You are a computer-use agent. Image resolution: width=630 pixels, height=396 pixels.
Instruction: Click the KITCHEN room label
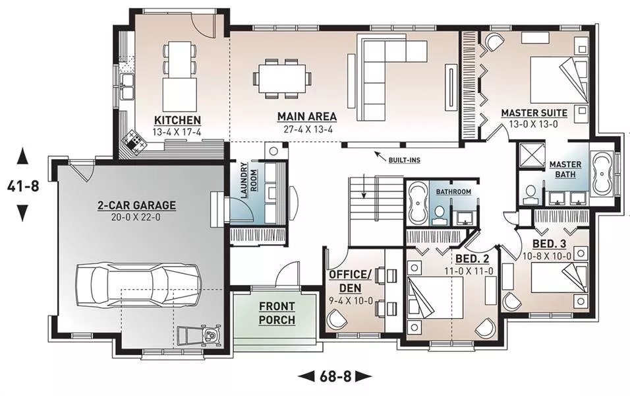pyautogui.click(x=177, y=120)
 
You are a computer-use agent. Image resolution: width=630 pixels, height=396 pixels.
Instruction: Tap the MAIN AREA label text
pyautogui.click(x=307, y=116)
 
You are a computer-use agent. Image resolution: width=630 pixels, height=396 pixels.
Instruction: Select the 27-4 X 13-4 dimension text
pyautogui.click(x=307, y=129)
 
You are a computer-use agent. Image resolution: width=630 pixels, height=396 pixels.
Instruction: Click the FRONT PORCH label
pyautogui.click(x=277, y=313)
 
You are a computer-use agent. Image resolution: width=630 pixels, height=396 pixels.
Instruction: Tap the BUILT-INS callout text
pyautogui.click(x=404, y=160)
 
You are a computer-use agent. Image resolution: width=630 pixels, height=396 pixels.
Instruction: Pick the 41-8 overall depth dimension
pyautogui.click(x=23, y=186)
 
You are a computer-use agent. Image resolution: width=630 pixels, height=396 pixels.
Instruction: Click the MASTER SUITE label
pyautogui.click(x=534, y=113)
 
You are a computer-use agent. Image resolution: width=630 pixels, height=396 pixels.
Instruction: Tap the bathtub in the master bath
pyautogui.click(x=601, y=174)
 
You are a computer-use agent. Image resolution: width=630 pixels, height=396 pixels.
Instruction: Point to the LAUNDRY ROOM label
pyautogui.click(x=248, y=181)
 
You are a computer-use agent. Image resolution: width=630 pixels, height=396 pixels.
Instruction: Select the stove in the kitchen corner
pyautogui.click(x=134, y=142)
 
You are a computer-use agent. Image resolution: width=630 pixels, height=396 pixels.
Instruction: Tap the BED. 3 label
pyautogui.click(x=549, y=244)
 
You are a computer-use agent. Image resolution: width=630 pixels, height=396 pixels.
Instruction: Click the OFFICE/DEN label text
pyautogui.click(x=350, y=281)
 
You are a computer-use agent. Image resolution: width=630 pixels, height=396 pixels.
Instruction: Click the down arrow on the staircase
pyautogui.click(x=364, y=186)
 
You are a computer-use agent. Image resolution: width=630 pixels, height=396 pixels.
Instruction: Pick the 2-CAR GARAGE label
pyautogui.click(x=137, y=205)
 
